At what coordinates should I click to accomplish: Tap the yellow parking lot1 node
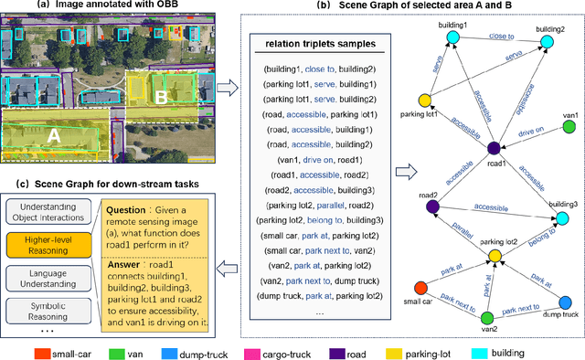click(424, 101)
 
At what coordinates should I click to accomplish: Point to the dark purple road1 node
click(494, 148)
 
